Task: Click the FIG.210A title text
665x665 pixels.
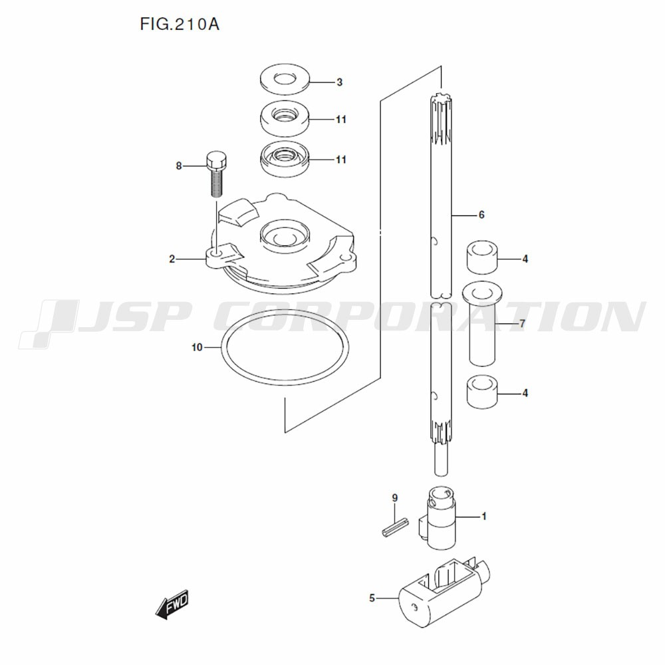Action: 180,25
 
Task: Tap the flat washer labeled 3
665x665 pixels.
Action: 285,79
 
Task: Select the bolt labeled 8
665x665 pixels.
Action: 217,174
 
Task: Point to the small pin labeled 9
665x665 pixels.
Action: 395,527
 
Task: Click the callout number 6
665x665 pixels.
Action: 481,215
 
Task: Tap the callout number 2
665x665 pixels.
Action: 172,259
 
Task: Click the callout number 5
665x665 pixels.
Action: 372,598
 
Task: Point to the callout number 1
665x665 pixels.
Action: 483,517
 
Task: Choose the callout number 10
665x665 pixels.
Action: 198,347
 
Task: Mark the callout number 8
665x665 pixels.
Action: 178,166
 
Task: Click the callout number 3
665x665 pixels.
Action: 339,82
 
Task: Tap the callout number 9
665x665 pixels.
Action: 395,497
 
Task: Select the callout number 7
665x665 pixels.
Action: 523,324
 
